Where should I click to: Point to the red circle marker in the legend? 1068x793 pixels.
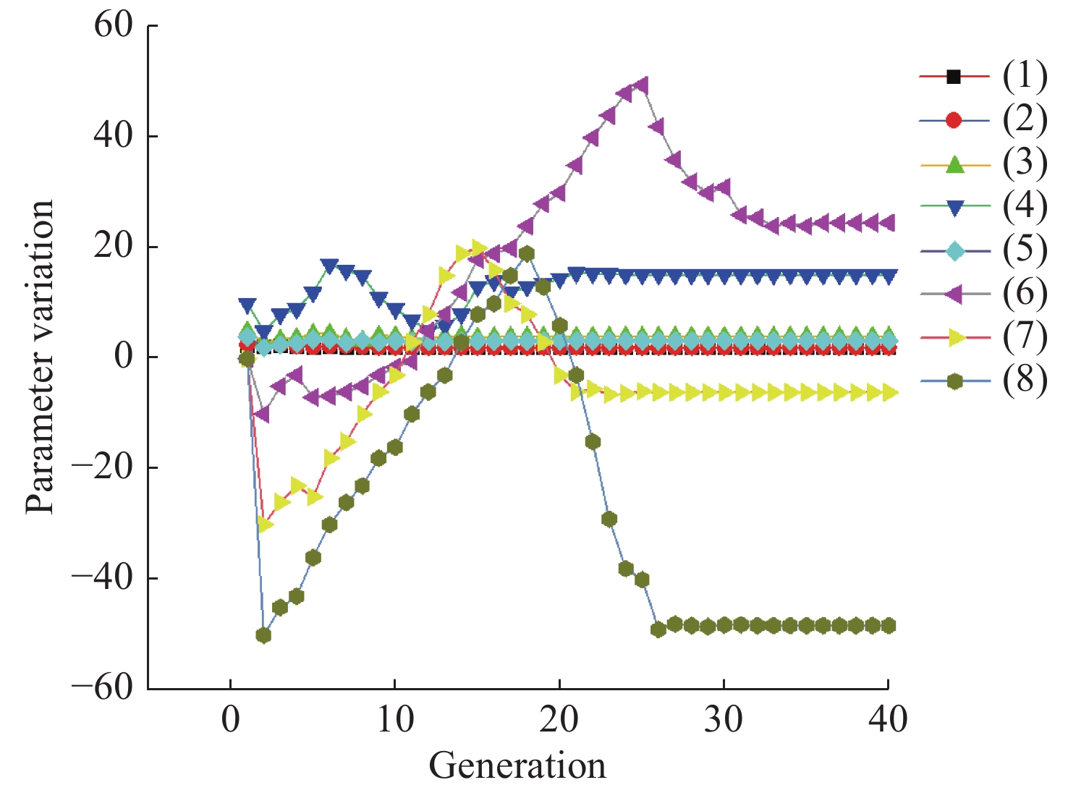(x=955, y=119)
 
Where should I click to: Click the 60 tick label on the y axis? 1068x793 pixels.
(x=114, y=25)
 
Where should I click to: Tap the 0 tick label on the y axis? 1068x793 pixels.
(x=124, y=357)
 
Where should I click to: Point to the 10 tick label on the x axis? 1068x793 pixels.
(x=394, y=720)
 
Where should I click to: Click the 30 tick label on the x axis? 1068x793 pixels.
(x=724, y=720)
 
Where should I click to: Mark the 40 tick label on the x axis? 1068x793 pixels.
(x=888, y=720)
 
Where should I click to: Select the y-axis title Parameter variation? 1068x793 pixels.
(x=40, y=357)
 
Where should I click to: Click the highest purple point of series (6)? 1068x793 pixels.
(x=641, y=85)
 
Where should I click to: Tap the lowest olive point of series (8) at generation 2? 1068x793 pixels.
(x=263, y=635)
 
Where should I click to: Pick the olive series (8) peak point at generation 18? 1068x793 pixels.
(x=527, y=254)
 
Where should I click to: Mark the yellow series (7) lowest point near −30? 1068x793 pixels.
(x=265, y=524)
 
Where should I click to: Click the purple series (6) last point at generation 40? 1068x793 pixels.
(x=887, y=223)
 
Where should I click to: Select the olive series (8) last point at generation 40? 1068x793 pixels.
(x=888, y=626)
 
